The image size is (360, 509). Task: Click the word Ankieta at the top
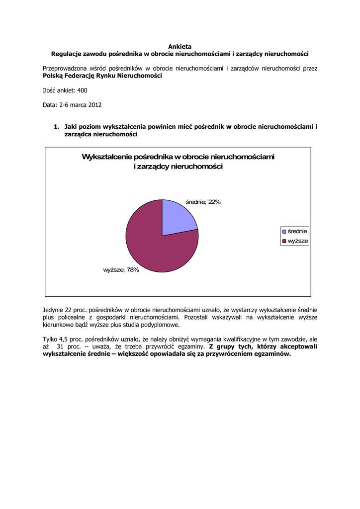(x=180, y=46)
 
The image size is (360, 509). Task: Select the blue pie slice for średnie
(x=177, y=219)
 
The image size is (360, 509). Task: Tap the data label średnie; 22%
(x=203, y=202)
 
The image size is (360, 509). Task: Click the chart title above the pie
(x=178, y=162)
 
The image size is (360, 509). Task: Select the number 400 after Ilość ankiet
(x=83, y=90)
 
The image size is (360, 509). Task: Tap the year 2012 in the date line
(x=95, y=105)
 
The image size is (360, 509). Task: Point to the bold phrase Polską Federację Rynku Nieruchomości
(x=102, y=76)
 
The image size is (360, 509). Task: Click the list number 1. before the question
(x=57, y=127)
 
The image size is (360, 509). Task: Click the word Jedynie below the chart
(x=53, y=310)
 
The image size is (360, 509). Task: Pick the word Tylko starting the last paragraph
(x=51, y=339)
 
